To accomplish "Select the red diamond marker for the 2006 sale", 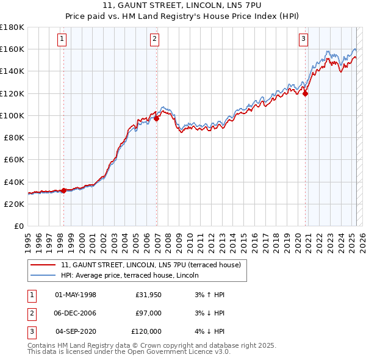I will point(157,118).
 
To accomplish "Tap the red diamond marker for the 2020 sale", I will point(306,93).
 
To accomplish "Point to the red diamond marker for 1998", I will point(63,190).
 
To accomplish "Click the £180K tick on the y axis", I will point(12,27).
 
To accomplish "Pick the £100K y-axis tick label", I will point(12,115).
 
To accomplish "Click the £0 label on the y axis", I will point(18,226).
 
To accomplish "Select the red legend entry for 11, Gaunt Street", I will point(151,265).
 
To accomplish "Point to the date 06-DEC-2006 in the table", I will point(76,313).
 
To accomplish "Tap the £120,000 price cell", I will point(146,331).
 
